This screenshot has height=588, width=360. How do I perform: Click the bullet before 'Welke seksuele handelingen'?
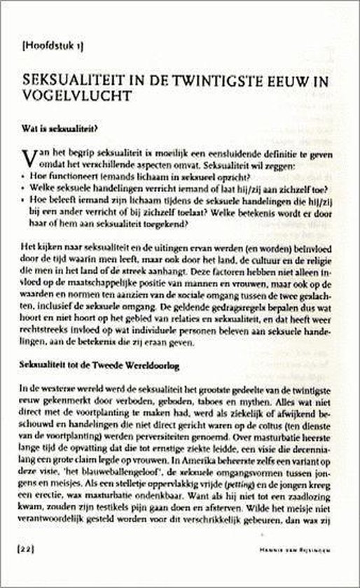pyautogui.click(x=25, y=189)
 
